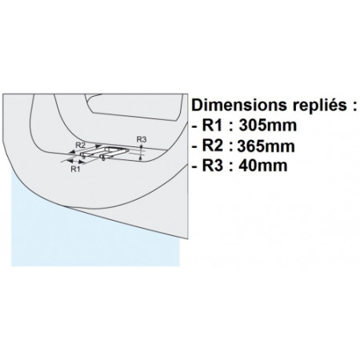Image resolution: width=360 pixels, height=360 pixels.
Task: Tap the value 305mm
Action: (267, 126)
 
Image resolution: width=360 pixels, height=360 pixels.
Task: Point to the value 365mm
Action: (266, 146)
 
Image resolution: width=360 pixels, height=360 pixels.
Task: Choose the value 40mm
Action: (263, 166)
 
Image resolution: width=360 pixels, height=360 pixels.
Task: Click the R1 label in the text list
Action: (212, 126)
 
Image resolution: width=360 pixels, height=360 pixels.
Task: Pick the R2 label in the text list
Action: (212, 146)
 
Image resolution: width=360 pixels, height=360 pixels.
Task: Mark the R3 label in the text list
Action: (212, 166)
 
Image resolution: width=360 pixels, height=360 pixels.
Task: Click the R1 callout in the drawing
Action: (75, 169)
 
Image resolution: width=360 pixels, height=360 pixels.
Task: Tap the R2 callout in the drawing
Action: (80, 146)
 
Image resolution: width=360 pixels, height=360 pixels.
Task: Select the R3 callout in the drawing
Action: (142, 139)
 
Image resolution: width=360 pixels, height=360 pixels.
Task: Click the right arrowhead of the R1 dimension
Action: (82, 161)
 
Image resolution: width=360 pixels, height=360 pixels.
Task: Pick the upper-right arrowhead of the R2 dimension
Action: (98, 146)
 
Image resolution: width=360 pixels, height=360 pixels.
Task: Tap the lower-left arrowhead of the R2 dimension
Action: (71, 153)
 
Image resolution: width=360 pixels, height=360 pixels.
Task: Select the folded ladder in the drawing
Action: (105, 153)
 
